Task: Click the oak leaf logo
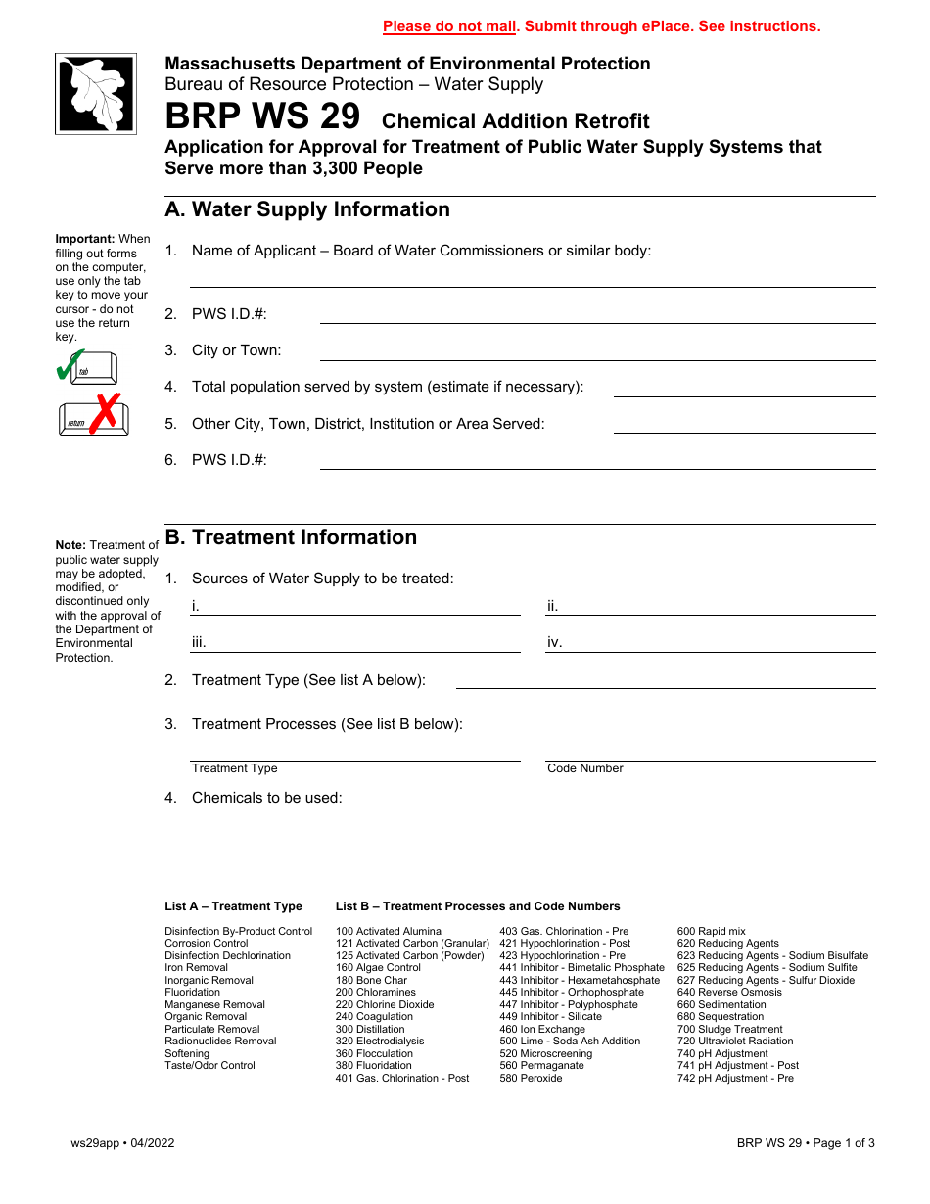(x=96, y=94)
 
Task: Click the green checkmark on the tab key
(x=70, y=365)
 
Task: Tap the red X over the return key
(x=105, y=412)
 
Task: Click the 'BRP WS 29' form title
(x=262, y=117)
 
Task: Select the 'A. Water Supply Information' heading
(x=307, y=209)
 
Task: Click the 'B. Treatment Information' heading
(x=291, y=537)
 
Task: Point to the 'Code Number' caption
(x=585, y=768)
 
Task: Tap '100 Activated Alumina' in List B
(x=389, y=931)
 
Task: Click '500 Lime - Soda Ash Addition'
(x=570, y=1042)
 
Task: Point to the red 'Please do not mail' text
(x=449, y=26)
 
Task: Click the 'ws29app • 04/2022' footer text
(x=122, y=1142)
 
